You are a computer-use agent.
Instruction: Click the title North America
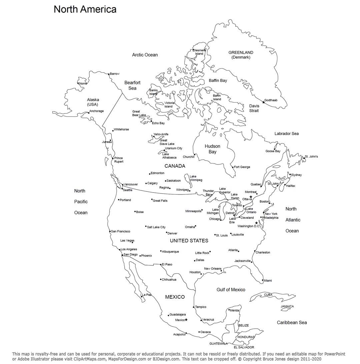(85, 9)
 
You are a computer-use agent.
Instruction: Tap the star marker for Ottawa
(251, 197)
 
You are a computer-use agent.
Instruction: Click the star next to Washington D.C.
(256, 223)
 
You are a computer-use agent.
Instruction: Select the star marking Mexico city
(186, 320)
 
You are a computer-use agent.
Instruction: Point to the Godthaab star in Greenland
(263, 102)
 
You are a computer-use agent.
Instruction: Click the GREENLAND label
(241, 53)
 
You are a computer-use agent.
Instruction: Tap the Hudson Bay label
(212, 149)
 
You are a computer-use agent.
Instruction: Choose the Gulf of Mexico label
(231, 290)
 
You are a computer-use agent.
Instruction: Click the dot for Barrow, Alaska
(109, 74)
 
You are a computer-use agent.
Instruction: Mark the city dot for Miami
(263, 280)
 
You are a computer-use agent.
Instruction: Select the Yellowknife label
(161, 134)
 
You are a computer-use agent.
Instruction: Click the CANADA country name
(175, 166)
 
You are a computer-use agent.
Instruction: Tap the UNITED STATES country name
(189, 240)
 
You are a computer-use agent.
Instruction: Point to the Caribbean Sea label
(292, 322)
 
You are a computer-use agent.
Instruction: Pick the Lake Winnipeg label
(196, 178)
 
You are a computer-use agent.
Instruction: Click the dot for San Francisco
(110, 231)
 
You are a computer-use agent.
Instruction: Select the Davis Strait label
(254, 108)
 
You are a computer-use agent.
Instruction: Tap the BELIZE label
(243, 325)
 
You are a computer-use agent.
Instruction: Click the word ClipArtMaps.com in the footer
(89, 359)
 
